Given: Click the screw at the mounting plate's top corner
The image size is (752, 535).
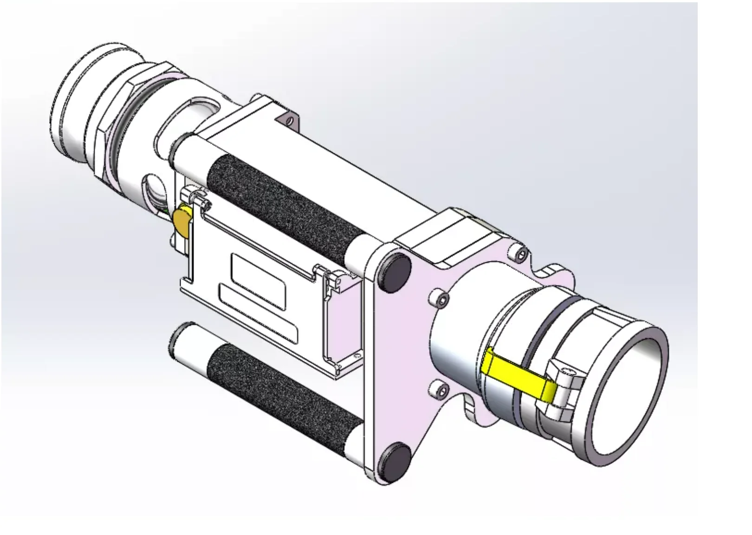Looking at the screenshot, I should pyautogui.click(x=521, y=253).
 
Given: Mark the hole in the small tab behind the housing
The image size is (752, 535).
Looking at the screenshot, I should pyautogui.click(x=291, y=120).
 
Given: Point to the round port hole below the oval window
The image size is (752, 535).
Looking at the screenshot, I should pyautogui.click(x=156, y=188).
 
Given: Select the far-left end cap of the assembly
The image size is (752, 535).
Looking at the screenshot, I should pyautogui.click(x=70, y=107).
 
